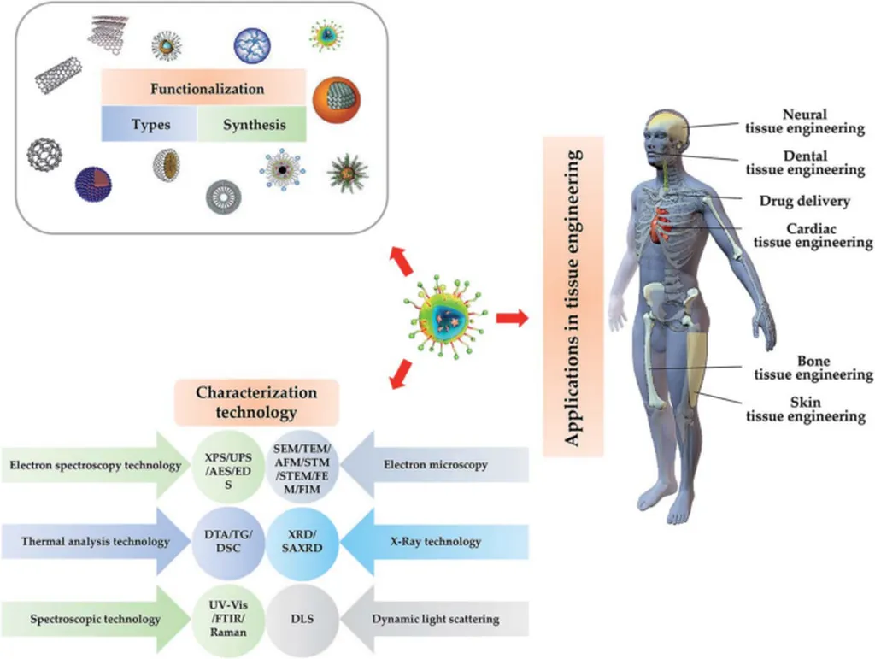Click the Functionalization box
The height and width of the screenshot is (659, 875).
(203, 88)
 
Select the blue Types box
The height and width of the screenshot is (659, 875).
(150, 125)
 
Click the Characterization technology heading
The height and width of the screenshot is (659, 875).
(256, 403)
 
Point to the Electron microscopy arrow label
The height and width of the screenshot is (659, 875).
(437, 466)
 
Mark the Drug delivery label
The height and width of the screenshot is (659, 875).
(804, 202)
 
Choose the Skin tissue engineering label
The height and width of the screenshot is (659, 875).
(806, 409)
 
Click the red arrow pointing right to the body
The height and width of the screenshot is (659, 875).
(512, 319)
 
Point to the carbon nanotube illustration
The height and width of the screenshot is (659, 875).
(57, 74)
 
